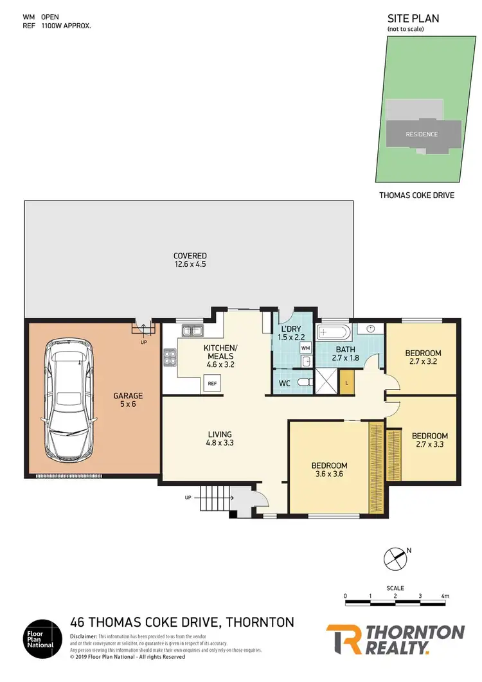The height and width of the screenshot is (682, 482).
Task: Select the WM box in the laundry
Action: pos(305,348)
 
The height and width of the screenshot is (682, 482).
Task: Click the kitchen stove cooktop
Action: pos(171,356)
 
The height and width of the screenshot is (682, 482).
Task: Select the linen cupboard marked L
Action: pos(346,383)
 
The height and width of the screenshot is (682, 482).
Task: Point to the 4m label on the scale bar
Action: pos(445,597)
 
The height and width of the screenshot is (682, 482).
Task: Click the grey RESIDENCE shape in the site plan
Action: pos(422,134)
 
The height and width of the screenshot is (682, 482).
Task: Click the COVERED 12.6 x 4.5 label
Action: pos(190,260)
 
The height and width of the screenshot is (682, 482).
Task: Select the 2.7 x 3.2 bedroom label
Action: pos(422,357)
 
